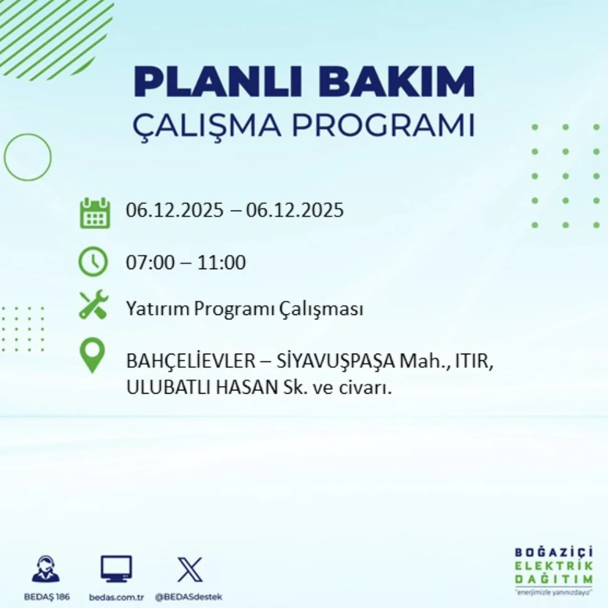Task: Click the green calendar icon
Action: [x=95, y=213]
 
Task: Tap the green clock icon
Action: [x=93, y=262]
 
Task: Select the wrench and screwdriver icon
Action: [x=94, y=305]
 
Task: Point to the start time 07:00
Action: [x=150, y=262]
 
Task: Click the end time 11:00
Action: [x=221, y=262]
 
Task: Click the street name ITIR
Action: [x=472, y=361]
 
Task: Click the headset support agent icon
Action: [x=46, y=569]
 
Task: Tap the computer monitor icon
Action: [x=116, y=569]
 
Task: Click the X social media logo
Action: [x=190, y=570]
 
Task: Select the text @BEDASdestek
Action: [x=189, y=597]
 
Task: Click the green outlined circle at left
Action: [x=28, y=157]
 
